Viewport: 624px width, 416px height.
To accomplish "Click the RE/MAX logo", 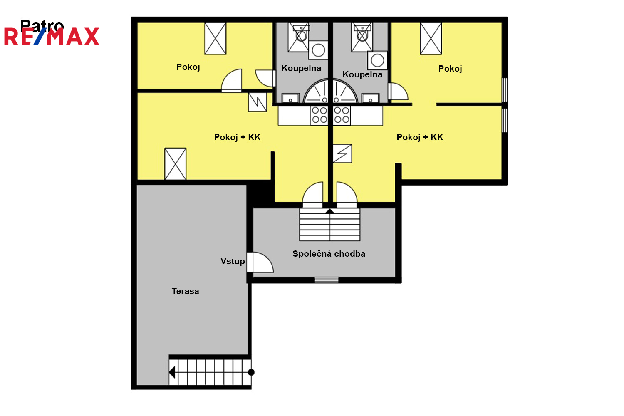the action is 52,36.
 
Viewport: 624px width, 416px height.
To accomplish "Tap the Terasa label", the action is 185,291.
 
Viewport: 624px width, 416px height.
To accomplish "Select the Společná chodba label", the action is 329,254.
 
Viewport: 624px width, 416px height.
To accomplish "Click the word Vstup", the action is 233,261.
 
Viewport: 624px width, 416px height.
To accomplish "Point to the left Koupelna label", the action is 301,68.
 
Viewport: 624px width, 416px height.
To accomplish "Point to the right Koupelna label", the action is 362,75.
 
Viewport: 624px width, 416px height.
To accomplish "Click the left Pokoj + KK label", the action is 238,137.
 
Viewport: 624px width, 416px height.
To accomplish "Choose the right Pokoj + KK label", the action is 420,137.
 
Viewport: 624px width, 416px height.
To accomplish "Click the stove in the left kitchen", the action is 319,115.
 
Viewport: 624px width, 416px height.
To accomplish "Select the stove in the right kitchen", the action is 342,115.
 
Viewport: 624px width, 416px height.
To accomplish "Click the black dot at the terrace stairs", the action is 251,372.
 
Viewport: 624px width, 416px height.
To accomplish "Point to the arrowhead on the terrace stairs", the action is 172,373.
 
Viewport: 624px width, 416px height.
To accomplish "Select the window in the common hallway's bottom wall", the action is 327,280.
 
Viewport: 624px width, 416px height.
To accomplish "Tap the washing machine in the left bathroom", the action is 318,50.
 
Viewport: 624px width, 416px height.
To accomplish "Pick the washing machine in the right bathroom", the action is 377,60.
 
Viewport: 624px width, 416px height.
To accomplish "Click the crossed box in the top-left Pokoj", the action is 215,38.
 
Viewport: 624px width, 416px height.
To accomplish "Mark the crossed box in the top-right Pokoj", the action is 431,38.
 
